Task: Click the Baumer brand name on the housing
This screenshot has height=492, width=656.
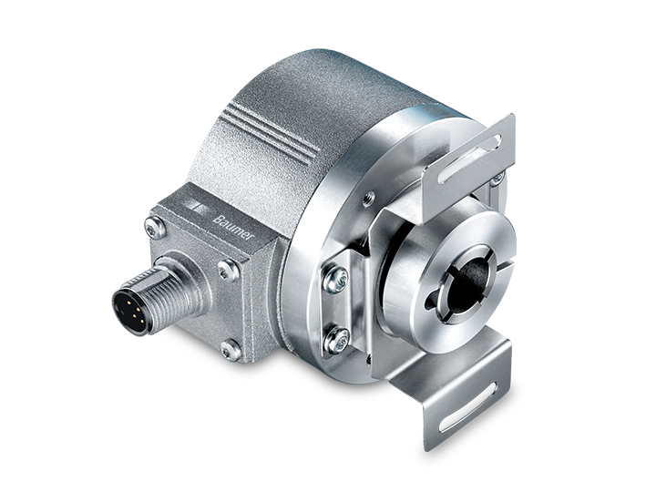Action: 233,228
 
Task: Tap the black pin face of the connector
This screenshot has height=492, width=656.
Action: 128,312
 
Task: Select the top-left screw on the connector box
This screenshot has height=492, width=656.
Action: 154,229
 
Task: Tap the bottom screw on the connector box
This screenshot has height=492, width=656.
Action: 230,350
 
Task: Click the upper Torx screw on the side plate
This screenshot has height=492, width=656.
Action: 336,278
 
